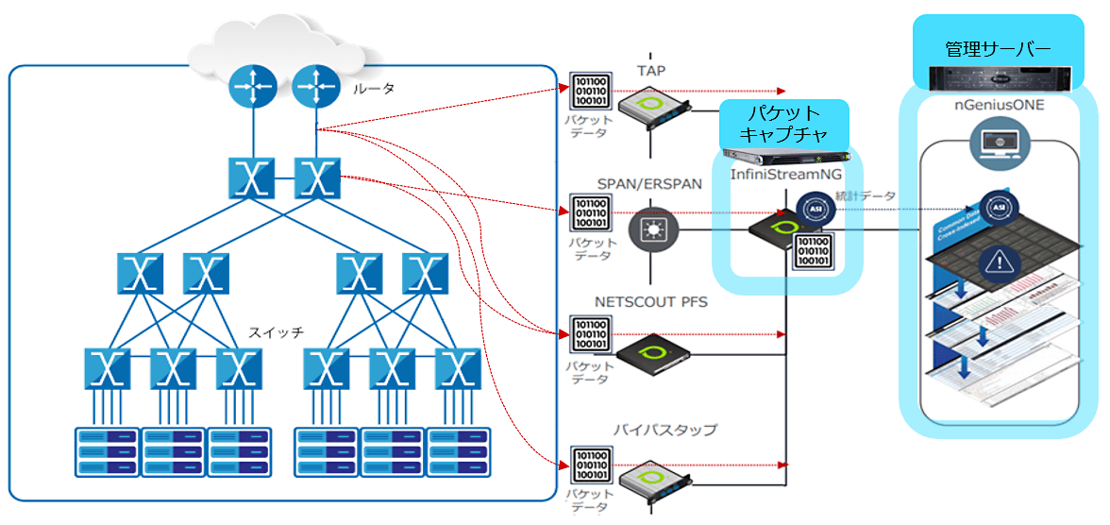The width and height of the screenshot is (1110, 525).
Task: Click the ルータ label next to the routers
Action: coord(373,89)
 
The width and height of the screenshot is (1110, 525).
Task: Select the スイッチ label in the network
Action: coord(276,332)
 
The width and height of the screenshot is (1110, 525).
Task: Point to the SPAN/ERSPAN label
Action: coord(649,184)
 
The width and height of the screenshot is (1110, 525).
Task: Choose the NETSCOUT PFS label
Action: coord(649,302)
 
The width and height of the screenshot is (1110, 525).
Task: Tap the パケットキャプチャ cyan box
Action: coord(783,123)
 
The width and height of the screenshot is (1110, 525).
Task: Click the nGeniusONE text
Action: coord(999,105)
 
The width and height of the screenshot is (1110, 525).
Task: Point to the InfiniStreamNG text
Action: coord(785,177)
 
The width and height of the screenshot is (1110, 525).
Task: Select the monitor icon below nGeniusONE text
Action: coord(999,144)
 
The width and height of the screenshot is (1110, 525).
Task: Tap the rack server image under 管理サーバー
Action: coord(997,78)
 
